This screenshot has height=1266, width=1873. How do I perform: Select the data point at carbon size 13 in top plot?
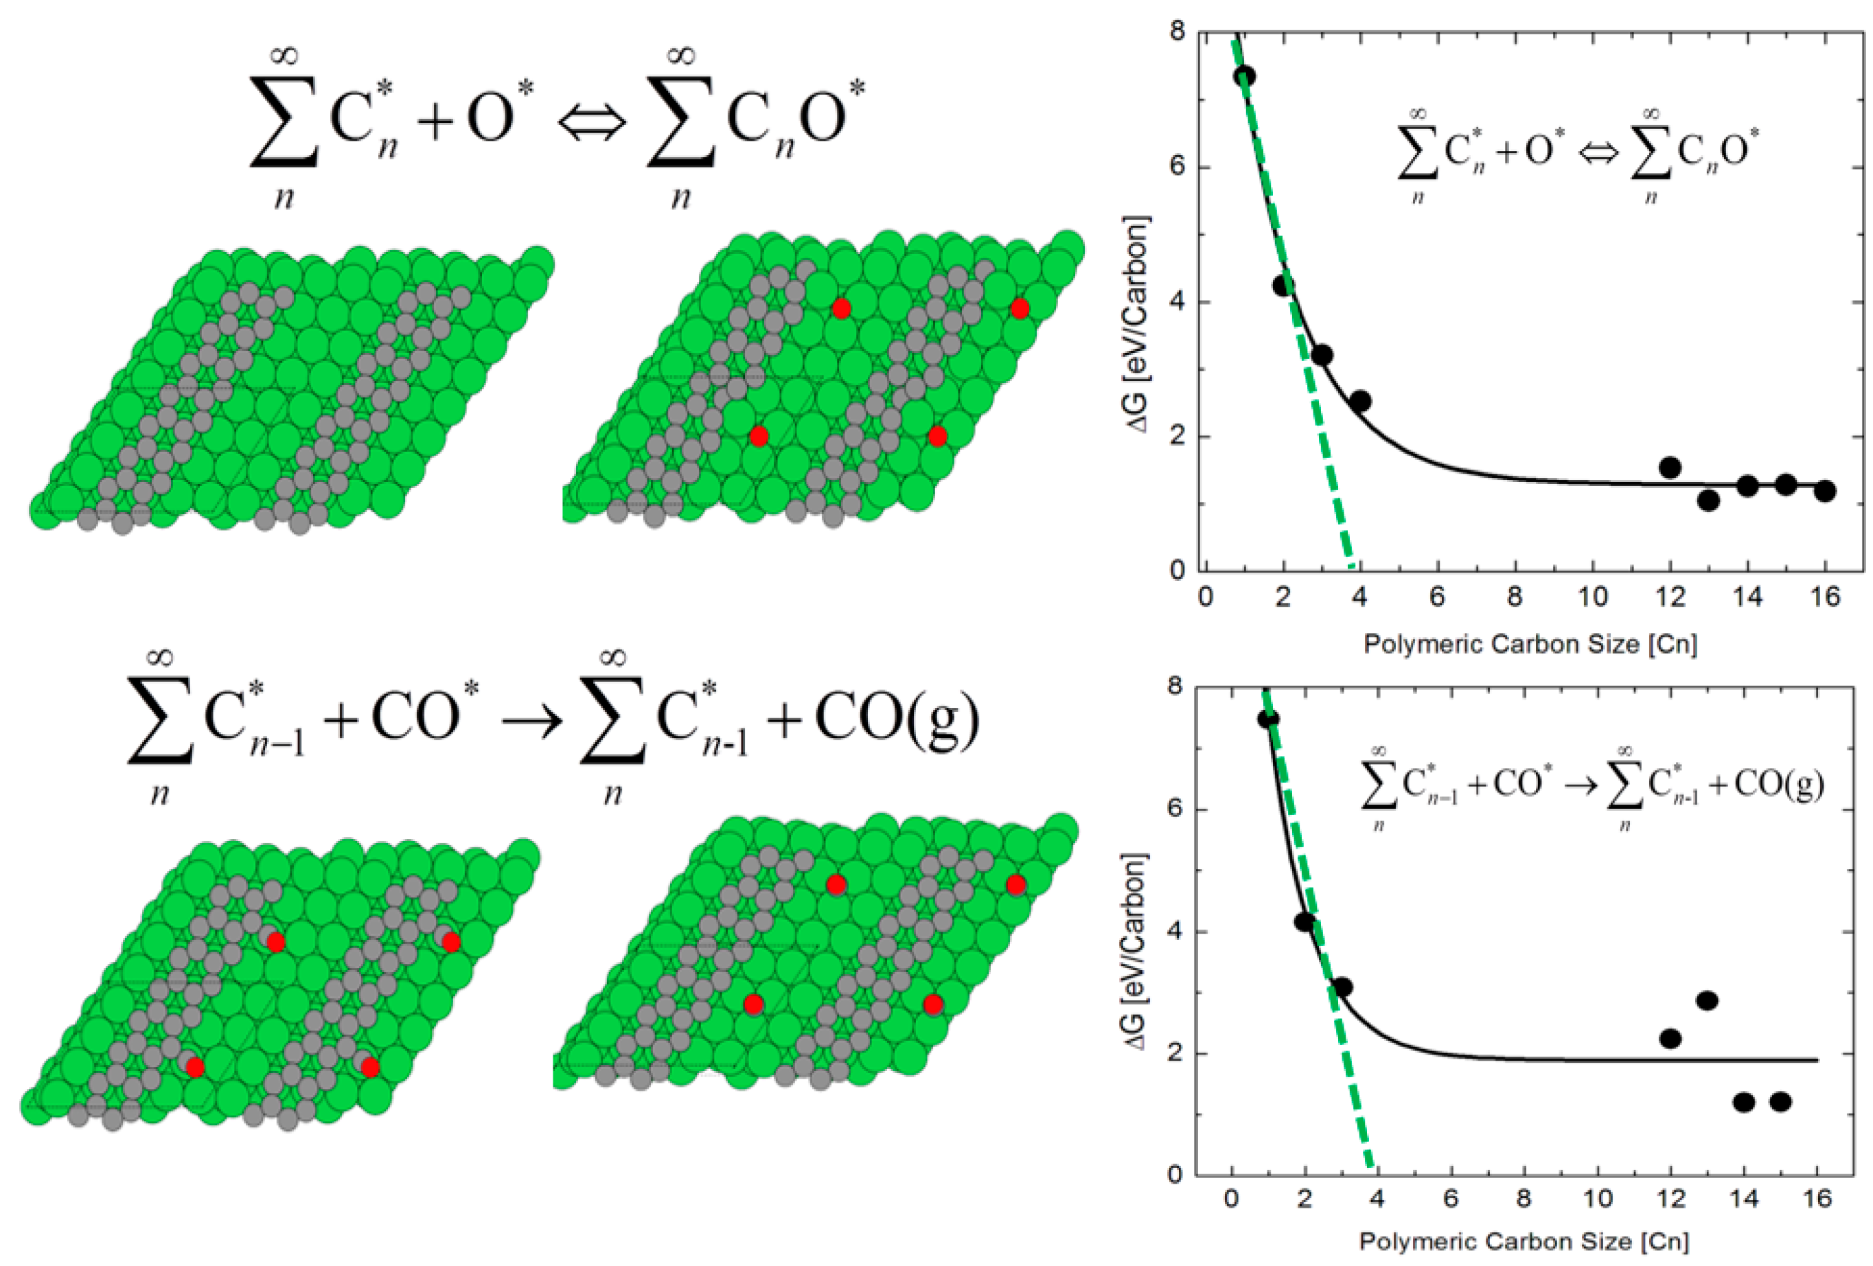tap(1708, 500)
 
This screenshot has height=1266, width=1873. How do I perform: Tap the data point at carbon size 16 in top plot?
tap(1825, 491)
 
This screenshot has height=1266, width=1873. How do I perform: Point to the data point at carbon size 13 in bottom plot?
tap(1707, 1001)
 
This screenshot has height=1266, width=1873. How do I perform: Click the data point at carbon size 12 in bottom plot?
tap(1670, 1039)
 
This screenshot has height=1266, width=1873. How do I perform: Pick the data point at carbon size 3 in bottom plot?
tap(1342, 987)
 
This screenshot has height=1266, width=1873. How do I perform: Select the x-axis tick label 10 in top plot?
tap(1592, 597)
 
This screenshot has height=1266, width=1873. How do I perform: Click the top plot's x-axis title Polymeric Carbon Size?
tap(1530, 645)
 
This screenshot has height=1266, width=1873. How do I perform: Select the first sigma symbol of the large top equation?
tap(282, 121)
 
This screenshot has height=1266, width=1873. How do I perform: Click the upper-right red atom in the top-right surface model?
tap(1020, 309)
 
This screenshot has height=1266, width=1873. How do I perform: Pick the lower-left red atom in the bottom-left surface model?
tap(194, 1067)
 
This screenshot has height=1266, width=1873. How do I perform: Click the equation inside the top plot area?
tap(1577, 153)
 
